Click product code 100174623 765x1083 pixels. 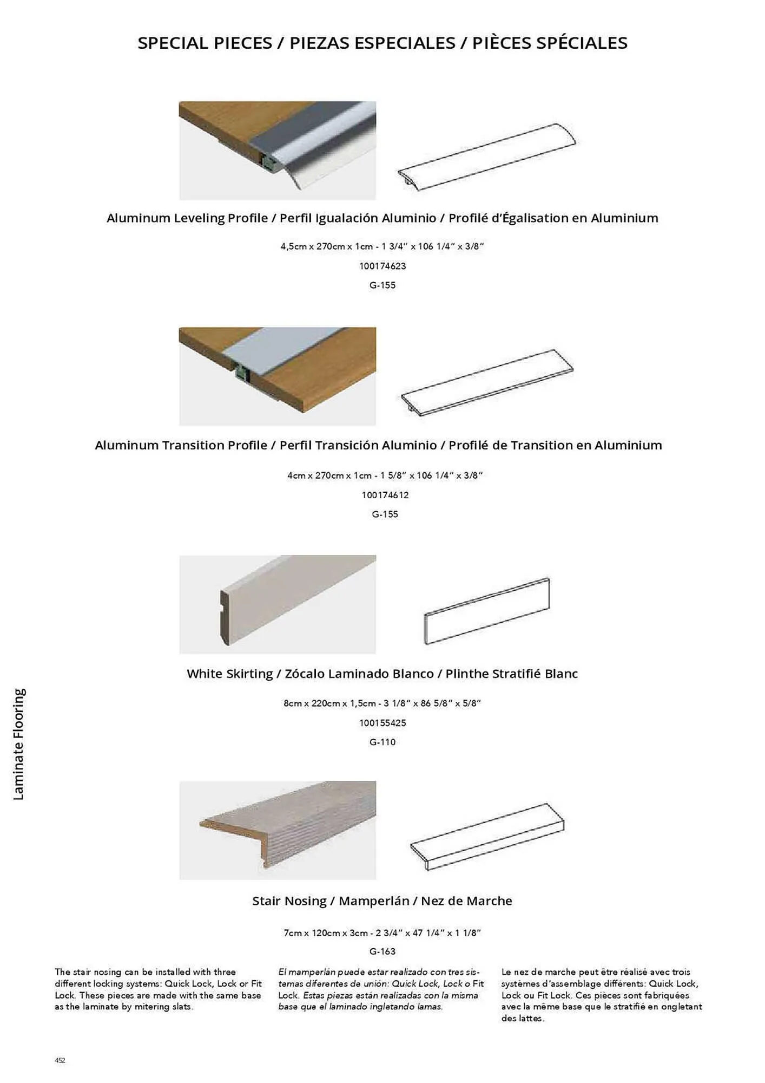point(382,266)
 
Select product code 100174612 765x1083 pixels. point(385,495)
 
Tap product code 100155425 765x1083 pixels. point(382,723)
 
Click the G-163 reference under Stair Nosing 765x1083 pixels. point(382,951)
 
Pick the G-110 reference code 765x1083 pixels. point(382,742)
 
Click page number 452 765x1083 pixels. point(60,1060)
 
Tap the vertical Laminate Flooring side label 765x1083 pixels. point(19,744)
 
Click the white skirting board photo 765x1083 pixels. point(278,604)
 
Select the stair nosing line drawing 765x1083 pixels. point(487,837)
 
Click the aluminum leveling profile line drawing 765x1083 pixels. point(487,157)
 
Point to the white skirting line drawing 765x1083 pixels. point(487,611)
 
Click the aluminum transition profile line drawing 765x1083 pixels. point(487,382)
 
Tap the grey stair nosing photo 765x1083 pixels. point(278,830)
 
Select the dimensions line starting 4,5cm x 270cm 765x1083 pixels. point(382,246)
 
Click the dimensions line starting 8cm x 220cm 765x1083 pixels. point(382,703)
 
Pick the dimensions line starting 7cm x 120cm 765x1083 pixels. point(382,933)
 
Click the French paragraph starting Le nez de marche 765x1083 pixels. point(601,995)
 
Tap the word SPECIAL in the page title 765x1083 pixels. point(173,43)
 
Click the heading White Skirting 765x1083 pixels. point(230,674)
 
